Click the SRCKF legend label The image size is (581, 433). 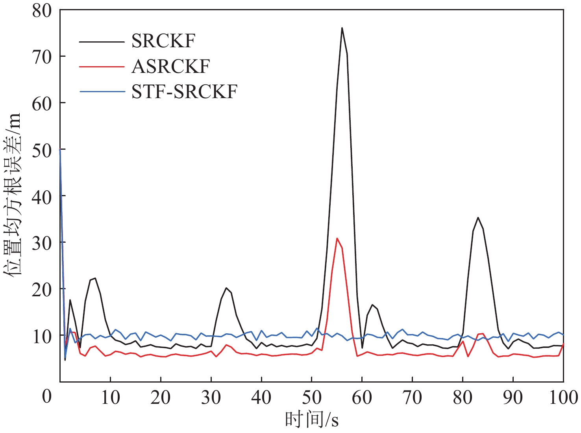click(163, 41)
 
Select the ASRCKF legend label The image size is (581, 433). click(170, 66)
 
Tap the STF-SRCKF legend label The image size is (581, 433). click(184, 92)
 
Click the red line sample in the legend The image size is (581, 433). click(102, 67)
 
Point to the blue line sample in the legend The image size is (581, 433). click(102, 92)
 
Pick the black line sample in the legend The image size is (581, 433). click(102, 41)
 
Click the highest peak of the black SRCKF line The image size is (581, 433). click(342, 28)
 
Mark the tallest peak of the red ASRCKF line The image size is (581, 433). click(337, 238)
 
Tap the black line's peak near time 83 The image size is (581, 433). click(478, 217)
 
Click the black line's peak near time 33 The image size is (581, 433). click(226, 288)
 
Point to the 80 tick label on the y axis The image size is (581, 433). click(42, 11)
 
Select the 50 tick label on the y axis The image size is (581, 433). click(42, 150)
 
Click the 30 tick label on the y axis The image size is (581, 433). click(42, 243)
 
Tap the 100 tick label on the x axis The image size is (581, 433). click(563, 397)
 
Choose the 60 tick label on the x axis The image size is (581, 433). click(362, 397)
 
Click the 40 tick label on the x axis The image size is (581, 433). click(261, 397)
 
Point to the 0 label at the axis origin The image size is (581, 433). click(47, 396)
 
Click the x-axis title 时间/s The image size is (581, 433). click(311, 420)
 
